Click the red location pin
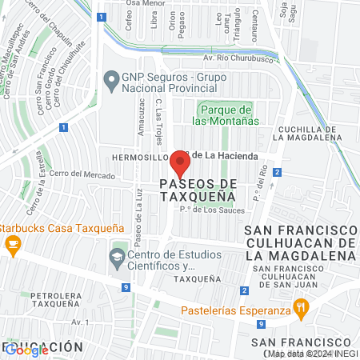point(180,165)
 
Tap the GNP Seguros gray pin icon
point(112,78)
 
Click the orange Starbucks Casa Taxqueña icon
point(12,246)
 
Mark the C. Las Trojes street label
point(158,120)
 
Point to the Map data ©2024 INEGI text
point(312,354)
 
